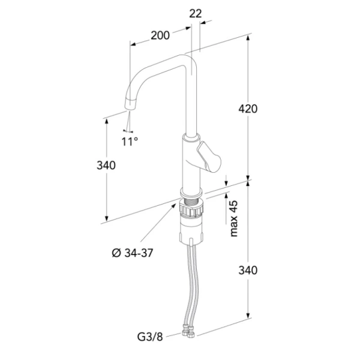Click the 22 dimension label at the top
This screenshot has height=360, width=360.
196,14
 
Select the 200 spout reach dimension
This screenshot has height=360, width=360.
160,35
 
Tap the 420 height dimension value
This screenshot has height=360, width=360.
248,109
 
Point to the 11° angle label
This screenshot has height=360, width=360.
130,142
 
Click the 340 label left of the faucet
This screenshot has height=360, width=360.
106,166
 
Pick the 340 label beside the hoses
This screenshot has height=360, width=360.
248,270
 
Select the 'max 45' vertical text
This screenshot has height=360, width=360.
234,218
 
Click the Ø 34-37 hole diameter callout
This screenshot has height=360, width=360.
133,253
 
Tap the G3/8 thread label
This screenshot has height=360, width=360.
150,337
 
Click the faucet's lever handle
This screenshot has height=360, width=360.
209,157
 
